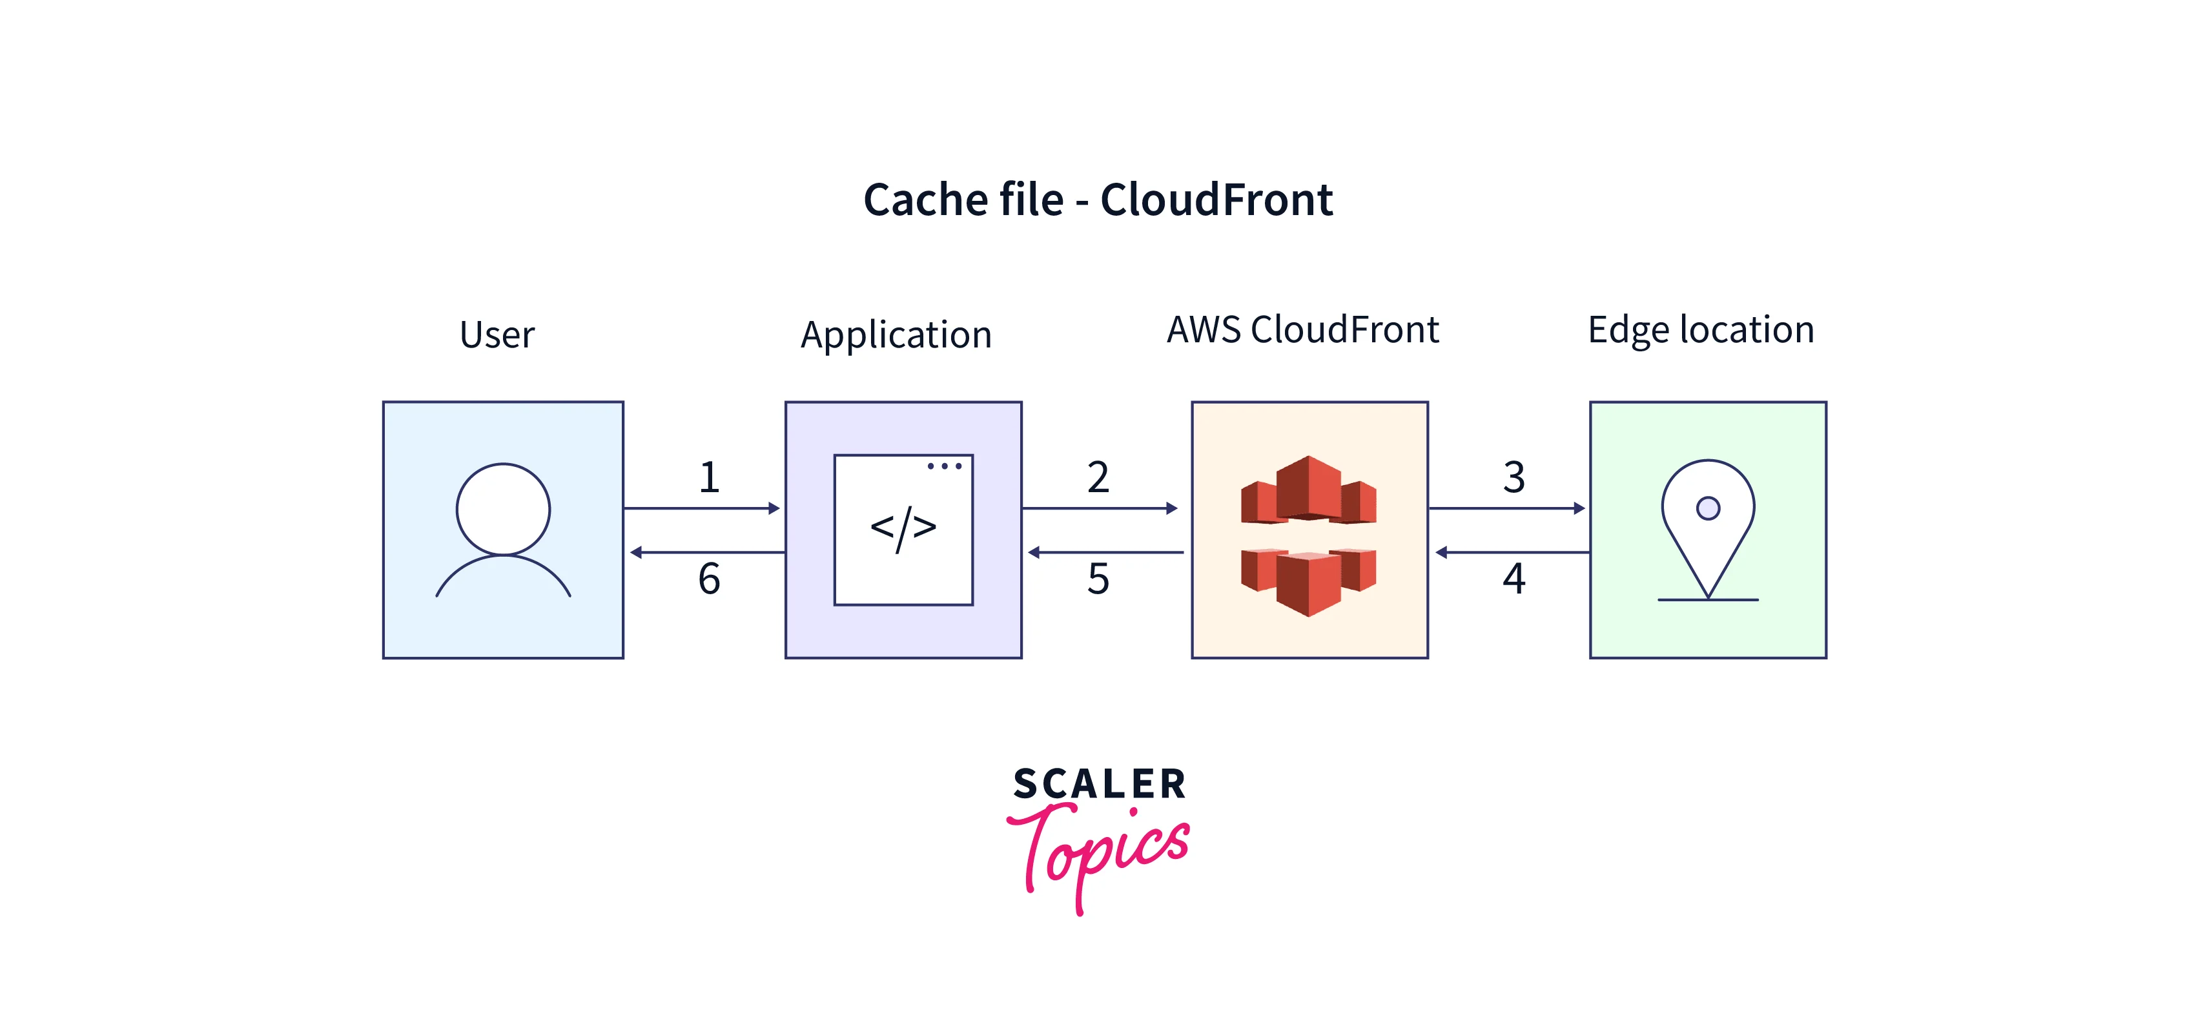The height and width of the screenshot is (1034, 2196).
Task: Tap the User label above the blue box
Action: pyautogui.click(x=497, y=334)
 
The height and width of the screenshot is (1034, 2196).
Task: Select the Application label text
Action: pyautogui.click(x=896, y=334)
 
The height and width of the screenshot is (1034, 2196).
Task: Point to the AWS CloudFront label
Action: pyautogui.click(x=1302, y=330)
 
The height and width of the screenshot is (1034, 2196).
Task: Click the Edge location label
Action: pyautogui.click(x=1701, y=330)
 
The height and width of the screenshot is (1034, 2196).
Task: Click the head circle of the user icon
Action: pyautogui.click(x=503, y=510)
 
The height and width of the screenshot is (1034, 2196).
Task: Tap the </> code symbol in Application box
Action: pyautogui.click(x=903, y=528)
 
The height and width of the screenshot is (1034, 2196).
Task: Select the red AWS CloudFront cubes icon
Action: pyautogui.click(x=1309, y=535)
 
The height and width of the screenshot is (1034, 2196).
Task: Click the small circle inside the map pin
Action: pyautogui.click(x=1707, y=509)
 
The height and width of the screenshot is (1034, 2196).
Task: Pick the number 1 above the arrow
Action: pyautogui.click(x=709, y=477)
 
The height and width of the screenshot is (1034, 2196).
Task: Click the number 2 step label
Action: pyautogui.click(x=1098, y=477)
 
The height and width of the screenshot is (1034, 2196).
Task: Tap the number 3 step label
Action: pyautogui.click(x=1513, y=477)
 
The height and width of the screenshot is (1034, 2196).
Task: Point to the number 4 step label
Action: pyautogui.click(x=1513, y=579)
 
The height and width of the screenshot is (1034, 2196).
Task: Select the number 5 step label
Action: pyautogui.click(x=1098, y=579)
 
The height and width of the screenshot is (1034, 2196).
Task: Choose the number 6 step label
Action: pyautogui.click(x=709, y=579)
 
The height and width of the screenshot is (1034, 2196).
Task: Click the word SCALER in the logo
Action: pyautogui.click(x=1100, y=784)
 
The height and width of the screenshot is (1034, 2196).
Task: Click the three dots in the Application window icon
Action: pyautogui.click(x=945, y=466)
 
